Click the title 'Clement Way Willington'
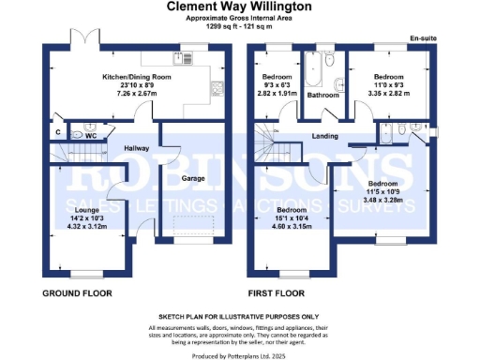240,7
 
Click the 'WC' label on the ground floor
92,135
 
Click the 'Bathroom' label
323,96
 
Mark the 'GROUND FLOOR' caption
77,293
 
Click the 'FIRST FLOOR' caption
280,293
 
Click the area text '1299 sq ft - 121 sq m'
240,27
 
